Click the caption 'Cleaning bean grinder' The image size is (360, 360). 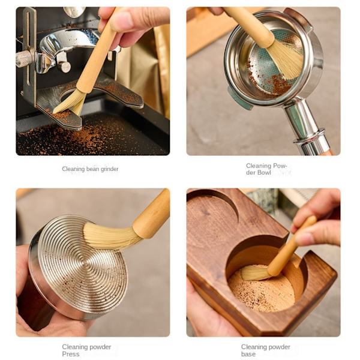tap(90, 169)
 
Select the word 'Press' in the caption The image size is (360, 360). tap(70, 354)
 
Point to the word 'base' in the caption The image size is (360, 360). tap(248, 354)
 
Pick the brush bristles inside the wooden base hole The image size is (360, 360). tap(255, 272)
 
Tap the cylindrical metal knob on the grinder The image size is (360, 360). tap(64, 66)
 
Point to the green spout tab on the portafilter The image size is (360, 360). tap(239, 98)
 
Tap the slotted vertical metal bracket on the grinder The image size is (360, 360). tap(28, 50)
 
